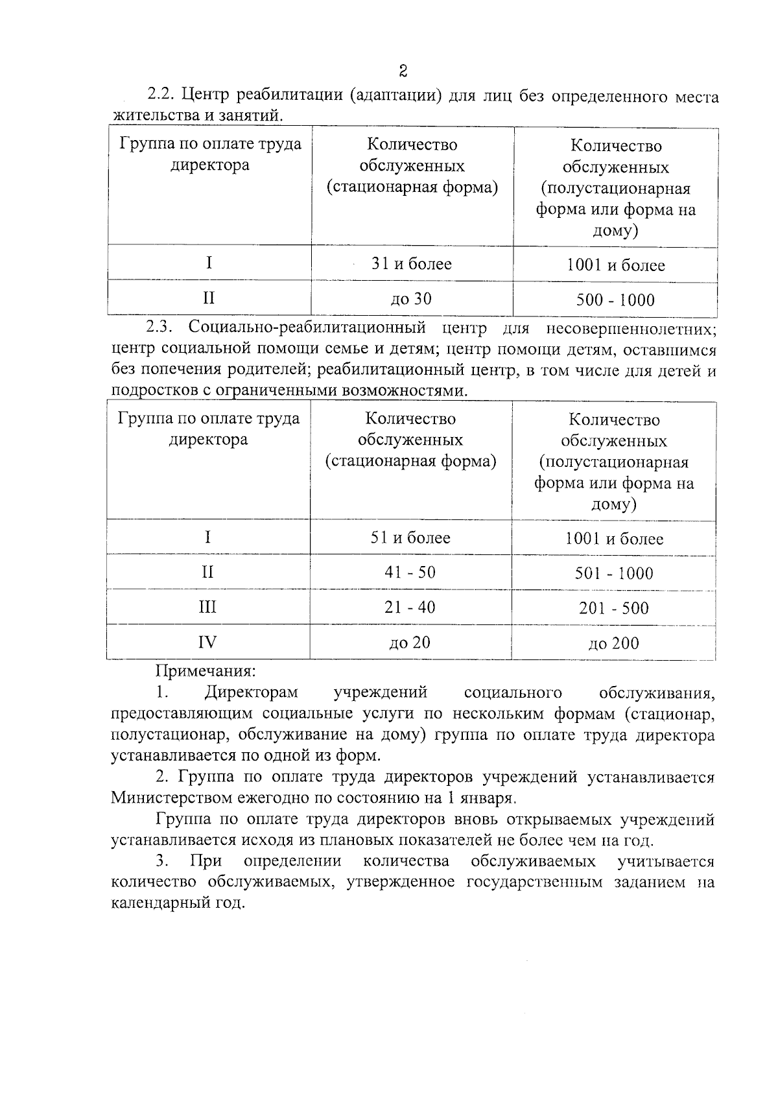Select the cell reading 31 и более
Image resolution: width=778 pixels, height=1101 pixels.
pos(411,264)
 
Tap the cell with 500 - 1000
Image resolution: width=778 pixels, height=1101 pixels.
pos(615,300)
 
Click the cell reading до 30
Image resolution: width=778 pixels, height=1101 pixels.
pos(410,299)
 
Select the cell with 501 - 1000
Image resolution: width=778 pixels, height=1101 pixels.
pos(613,573)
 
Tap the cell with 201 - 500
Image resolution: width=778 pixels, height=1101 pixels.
pos(613,608)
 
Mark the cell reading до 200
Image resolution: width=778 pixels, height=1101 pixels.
pos(613,643)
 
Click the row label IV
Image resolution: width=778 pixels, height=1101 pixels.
pos(207,643)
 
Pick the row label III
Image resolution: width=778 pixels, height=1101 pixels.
pos(207,608)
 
